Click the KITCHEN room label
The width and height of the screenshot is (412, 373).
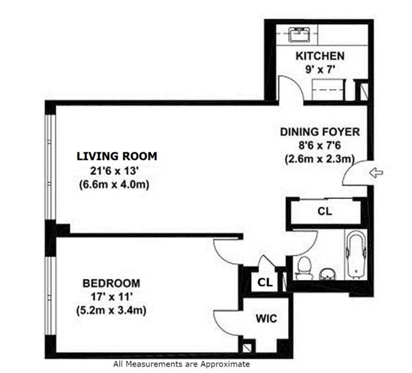coord(320,56)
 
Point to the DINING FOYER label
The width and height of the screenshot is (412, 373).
coord(320,132)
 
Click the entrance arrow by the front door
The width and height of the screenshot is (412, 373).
coord(376,173)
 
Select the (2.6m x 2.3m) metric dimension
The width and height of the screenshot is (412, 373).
coord(320,159)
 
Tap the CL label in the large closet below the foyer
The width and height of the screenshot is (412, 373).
coord(324,211)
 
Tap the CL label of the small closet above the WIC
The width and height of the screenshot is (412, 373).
coord(264,282)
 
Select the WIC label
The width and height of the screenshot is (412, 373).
coord(266,319)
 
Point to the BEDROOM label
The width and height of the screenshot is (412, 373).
coord(111,283)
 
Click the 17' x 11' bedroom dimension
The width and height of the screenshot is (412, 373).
coord(111,296)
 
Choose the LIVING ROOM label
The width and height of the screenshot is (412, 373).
coord(117,156)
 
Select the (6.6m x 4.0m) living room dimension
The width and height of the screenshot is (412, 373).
coord(114,185)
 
